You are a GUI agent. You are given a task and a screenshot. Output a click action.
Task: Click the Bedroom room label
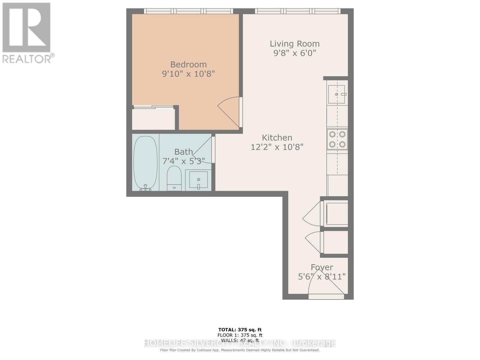[x=188, y=64]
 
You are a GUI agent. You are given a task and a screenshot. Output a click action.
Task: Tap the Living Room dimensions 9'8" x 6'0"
[x=294, y=53]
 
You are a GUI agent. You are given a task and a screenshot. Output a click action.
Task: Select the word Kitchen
[x=277, y=138]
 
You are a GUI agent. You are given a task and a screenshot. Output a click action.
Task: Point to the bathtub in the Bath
[x=145, y=162]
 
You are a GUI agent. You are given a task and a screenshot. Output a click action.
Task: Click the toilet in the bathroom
[x=174, y=178]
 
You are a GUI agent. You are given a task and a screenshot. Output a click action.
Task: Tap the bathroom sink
[x=198, y=180]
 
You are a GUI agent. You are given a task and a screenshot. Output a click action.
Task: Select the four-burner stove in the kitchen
[x=337, y=139]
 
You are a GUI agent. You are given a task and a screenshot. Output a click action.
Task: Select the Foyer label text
[x=322, y=267]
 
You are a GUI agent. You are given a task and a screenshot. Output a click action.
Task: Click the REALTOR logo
[x=27, y=33]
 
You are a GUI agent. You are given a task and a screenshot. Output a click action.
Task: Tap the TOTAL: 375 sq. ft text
[x=240, y=330]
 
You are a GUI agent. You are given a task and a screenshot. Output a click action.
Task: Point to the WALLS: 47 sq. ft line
[x=240, y=340]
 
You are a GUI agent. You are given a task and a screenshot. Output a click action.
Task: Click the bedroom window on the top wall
[x=188, y=11]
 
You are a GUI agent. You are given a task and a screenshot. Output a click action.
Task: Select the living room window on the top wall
[x=298, y=11]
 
